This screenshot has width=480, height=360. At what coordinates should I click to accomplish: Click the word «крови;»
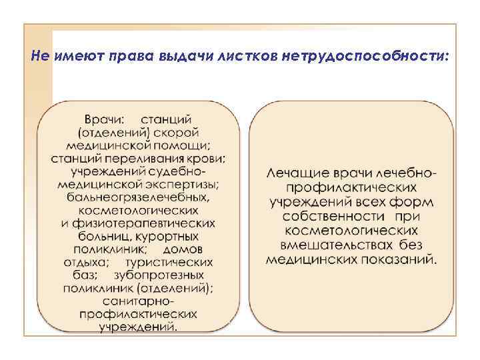[204, 159]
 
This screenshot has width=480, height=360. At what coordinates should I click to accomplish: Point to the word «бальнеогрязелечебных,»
[139, 197]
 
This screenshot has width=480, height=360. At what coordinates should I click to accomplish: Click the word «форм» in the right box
[415, 201]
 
